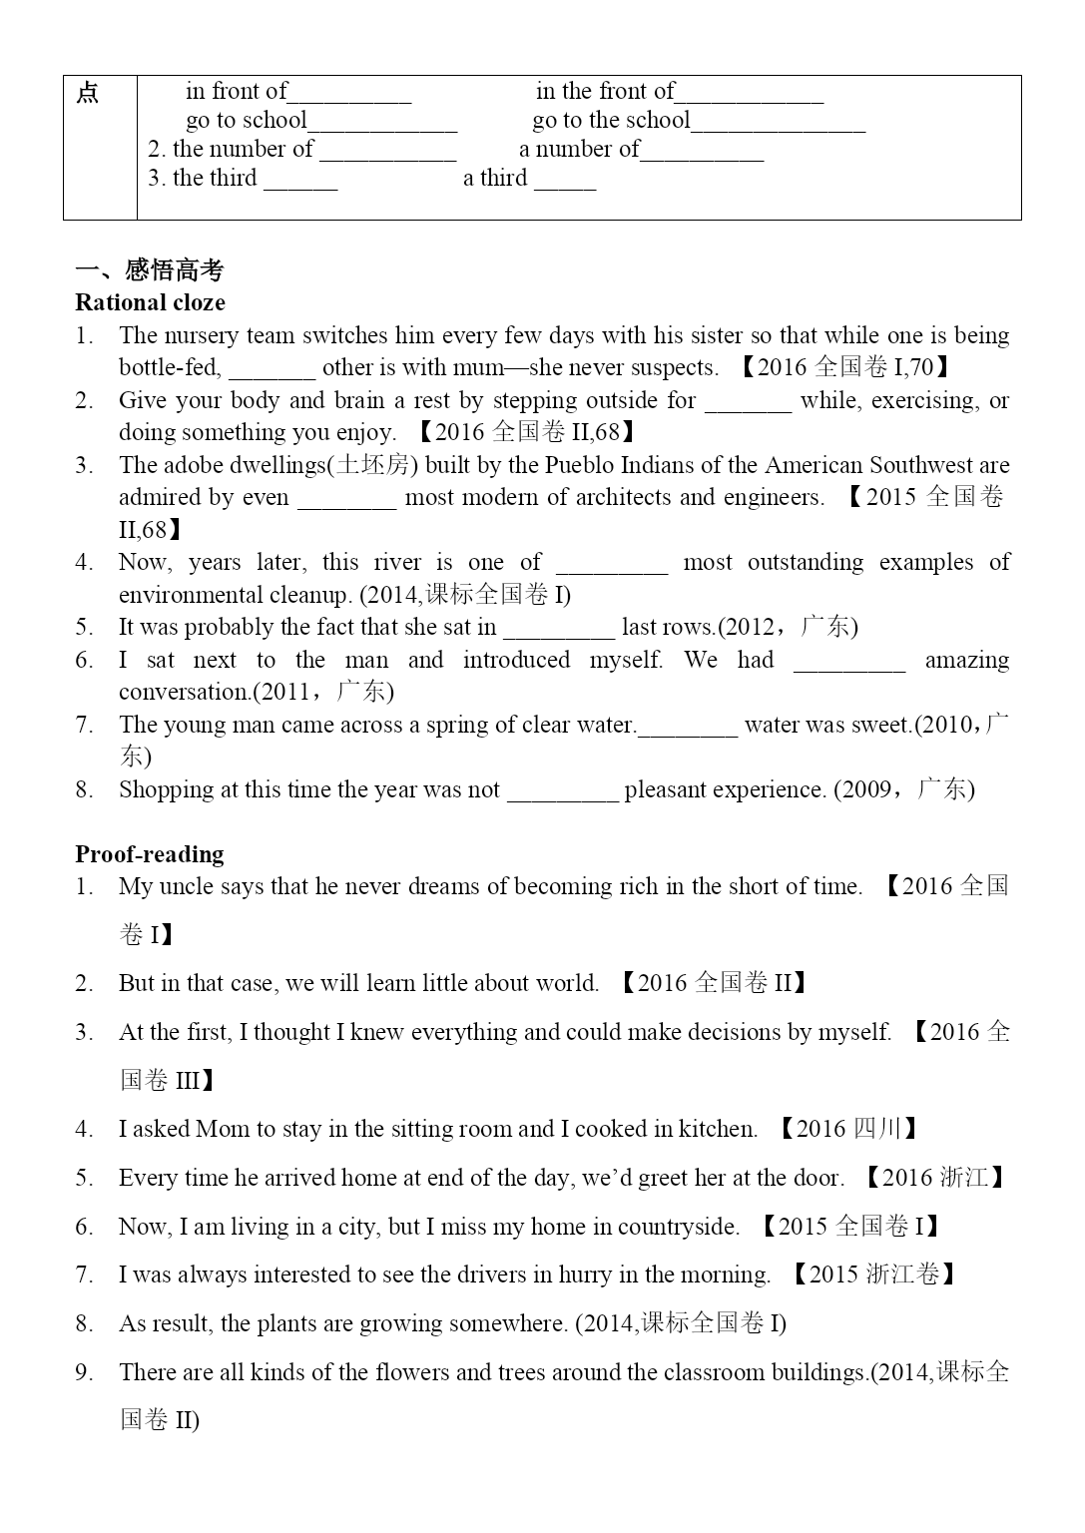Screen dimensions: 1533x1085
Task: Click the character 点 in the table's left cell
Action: [88, 94]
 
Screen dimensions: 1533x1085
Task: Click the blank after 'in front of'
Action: [349, 95]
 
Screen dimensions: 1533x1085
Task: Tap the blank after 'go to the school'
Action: [779, 124]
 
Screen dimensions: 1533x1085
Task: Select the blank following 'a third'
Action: [565, 182]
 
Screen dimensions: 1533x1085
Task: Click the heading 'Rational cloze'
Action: [150, 302]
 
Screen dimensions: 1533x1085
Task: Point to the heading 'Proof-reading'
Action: [150, 854]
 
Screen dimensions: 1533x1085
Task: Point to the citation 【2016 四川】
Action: [847, 1129]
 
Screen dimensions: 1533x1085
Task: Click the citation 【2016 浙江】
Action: [934, 1178]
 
